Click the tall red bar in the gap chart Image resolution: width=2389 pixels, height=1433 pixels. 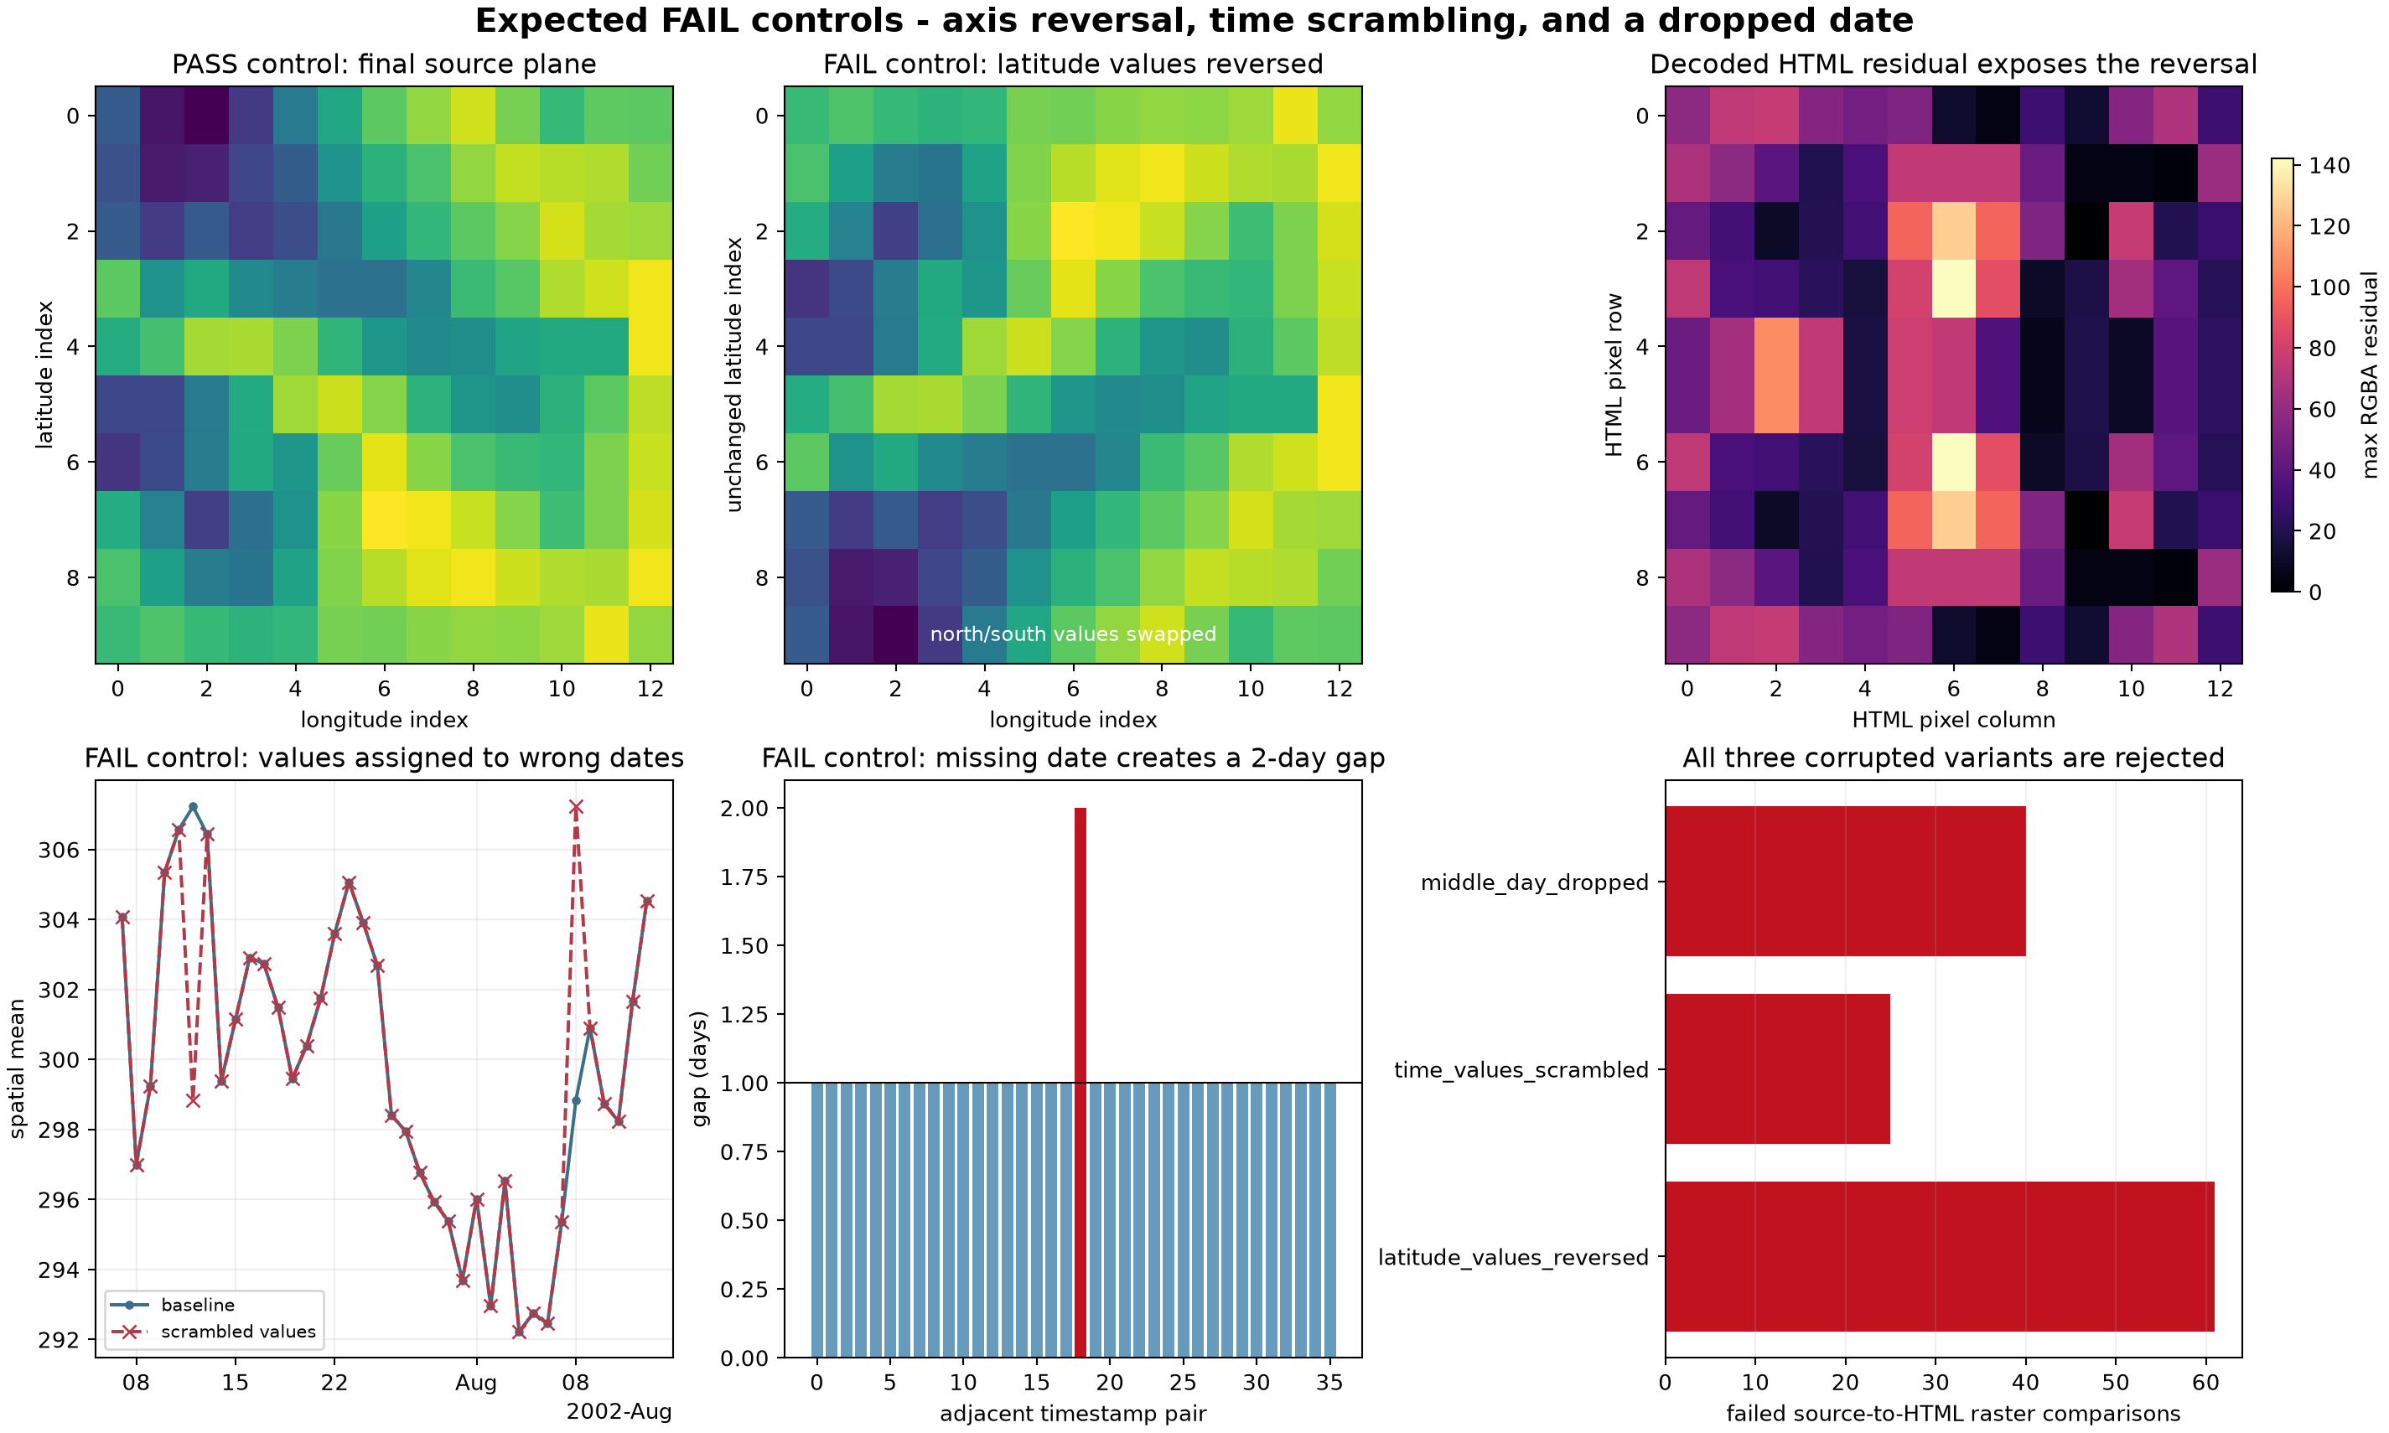click(1080, 1083)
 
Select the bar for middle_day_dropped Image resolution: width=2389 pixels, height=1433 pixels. click(1844, 882)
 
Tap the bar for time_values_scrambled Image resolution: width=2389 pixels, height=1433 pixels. click(1777, 1069)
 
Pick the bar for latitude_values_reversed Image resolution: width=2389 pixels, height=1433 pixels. click(1939, 1256)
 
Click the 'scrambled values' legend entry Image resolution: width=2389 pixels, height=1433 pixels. click(214, 1332)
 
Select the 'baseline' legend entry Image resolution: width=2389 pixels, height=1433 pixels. click(173, 1305)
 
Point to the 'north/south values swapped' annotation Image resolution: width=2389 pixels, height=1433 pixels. click(1073, 634)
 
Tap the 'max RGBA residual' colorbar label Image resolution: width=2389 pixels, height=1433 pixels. click(2369, 375)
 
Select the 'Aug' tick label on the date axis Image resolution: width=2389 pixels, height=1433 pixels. click(476, 1383)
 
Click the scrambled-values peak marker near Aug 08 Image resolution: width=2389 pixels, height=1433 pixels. click(576, 807)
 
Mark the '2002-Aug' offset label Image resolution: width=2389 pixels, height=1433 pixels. click(619, 1412)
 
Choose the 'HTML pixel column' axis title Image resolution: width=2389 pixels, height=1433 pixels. click(1953, 719)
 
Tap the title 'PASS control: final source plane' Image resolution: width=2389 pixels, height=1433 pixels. click(384, 64)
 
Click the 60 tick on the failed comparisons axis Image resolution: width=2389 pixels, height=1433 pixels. click(2205, 1383)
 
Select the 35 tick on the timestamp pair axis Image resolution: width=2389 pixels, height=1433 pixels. click(1329, 1383)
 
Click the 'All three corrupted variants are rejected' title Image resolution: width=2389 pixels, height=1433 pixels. click(1953, 758)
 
